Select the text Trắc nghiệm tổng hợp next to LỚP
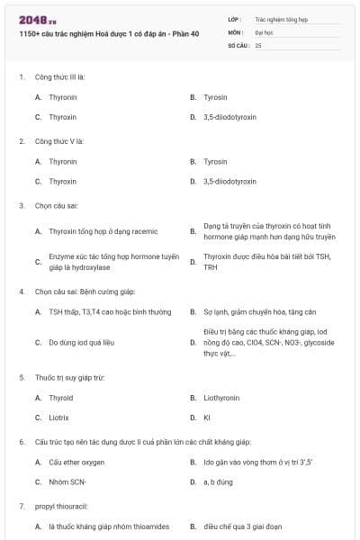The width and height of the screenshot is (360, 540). click(279, 18)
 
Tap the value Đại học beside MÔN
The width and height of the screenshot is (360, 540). click(264, 31)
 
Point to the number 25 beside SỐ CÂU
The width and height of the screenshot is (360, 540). click(258, 44)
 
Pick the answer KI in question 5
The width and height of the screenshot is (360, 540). click(207, 418)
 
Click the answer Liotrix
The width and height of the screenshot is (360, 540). click(58, 418)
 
